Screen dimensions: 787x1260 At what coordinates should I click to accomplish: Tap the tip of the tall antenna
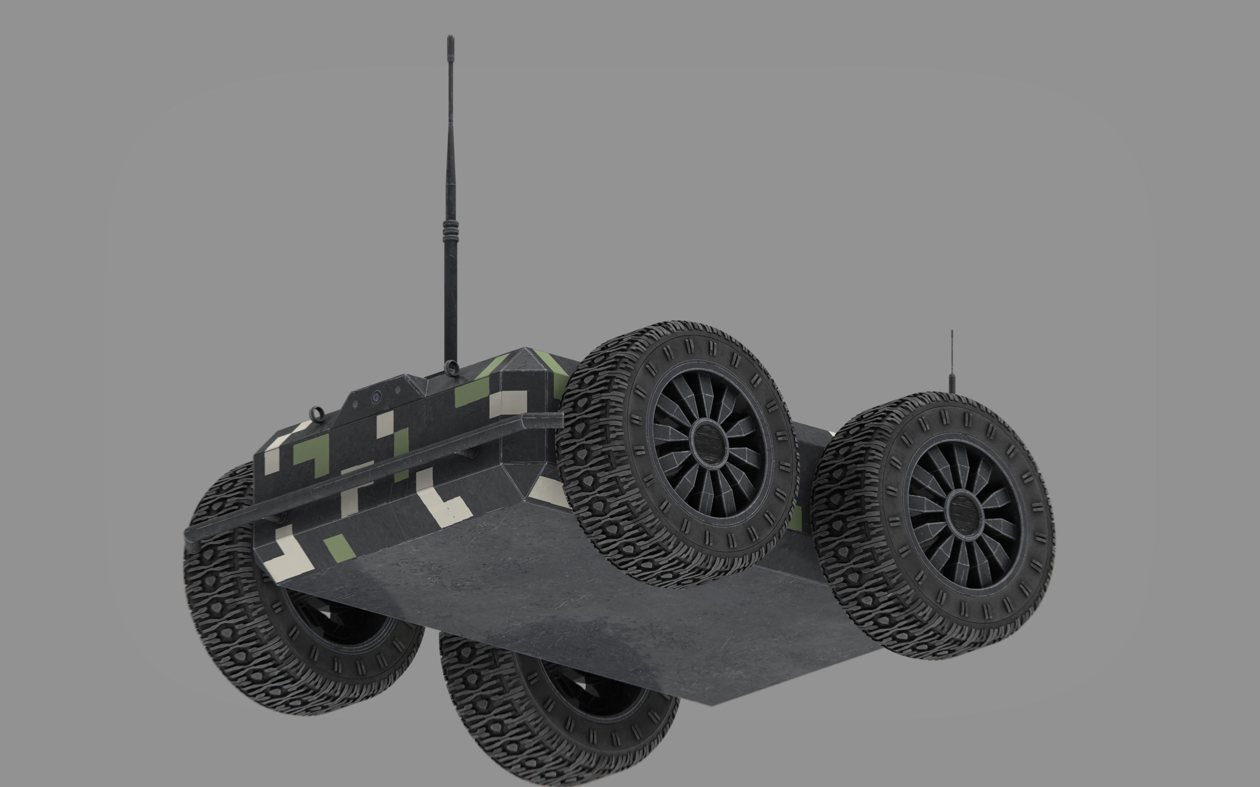[x=451, y=37]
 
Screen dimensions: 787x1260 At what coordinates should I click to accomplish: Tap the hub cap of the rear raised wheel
[x=963, y=513]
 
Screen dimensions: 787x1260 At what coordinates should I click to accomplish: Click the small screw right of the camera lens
[x=398, y=389]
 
